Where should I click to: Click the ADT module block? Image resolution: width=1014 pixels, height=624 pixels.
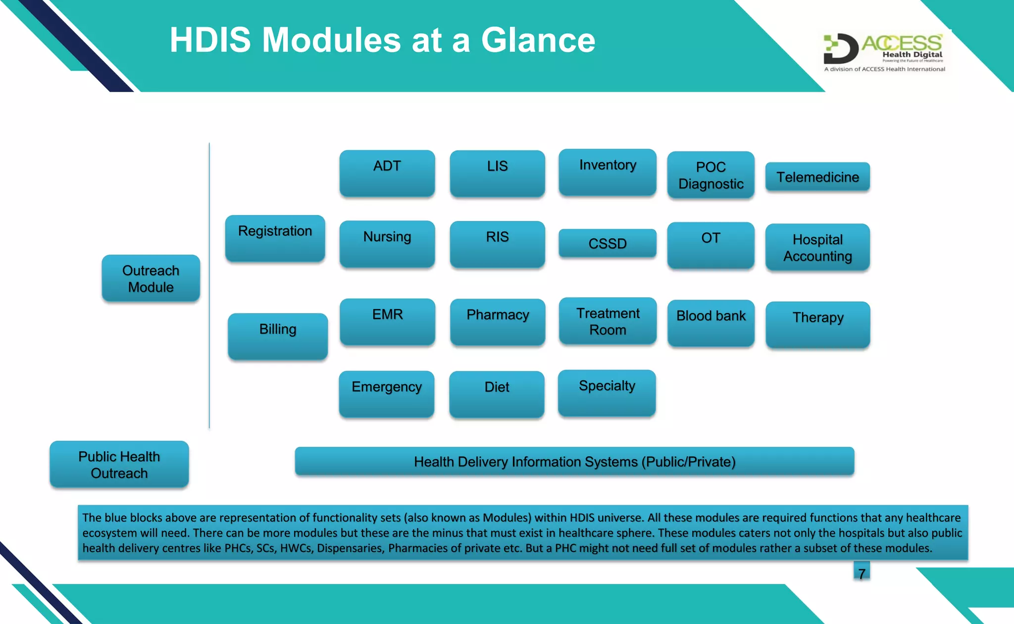[387, 173]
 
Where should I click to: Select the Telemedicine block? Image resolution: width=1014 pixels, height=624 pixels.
[817, 177]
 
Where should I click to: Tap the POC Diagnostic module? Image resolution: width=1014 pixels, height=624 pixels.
[710, 175]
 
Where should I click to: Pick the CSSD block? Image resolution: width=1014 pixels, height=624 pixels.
[608, 243]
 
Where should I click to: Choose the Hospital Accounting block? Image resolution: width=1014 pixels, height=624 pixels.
[817, 248]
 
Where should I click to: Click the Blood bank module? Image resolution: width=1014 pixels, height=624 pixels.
[710, 322]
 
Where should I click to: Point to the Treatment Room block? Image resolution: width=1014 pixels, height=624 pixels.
[608, 321]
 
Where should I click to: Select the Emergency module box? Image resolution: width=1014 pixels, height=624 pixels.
[387, 394]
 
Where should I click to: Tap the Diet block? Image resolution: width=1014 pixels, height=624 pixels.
[497, 394]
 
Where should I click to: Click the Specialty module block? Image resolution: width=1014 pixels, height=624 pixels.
[607, 393]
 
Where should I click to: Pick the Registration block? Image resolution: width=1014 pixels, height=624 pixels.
[275, 238]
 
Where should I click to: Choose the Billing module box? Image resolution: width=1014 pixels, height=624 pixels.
[278, 336]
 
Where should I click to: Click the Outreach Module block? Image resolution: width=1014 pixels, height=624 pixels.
[151, 278]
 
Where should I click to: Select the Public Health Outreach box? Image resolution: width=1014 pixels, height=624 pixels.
[119, 465]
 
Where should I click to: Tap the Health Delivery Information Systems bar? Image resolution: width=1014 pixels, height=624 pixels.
[574, 462]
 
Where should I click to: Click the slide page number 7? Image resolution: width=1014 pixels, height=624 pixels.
[862, 573]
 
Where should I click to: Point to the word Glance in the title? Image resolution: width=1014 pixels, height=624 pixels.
[538, 40]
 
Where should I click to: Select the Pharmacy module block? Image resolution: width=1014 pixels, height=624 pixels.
[498, 322]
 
